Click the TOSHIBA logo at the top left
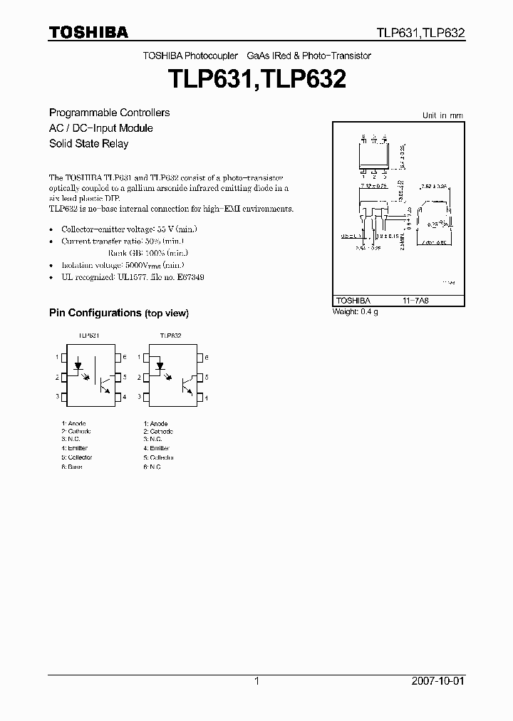(x=88, y=32)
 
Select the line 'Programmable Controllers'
(x=109, y=113)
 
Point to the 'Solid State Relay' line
(x=88, y=144)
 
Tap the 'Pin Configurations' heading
(x=95, y=313)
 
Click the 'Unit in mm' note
(x=442, y=115)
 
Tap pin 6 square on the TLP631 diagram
(x=118, y=357)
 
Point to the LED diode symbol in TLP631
(x=78, y=366)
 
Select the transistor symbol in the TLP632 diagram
(x=188, y=385)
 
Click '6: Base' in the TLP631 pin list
(x=71, y=467)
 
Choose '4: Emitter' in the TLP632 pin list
(x=156, y=449)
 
